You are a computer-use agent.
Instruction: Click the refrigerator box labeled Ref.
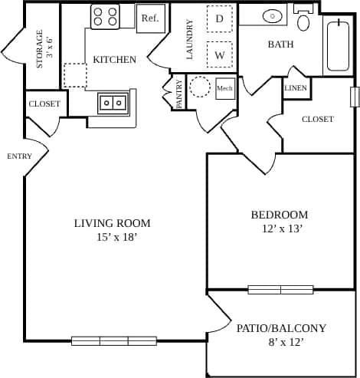(x=149, y=18)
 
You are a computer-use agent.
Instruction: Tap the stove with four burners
(x=105, y=17)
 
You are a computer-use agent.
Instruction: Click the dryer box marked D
(x=219, y=18)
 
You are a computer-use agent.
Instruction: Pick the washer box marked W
(x=219, y=55)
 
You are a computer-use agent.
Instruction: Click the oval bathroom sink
(x=272, y=15)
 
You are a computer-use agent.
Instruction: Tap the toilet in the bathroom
(x=303, y=18)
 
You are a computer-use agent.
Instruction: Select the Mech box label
(x=224, y=88)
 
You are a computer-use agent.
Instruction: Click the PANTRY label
(x=178, y=94)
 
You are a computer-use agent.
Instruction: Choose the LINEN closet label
(x=296, y=88)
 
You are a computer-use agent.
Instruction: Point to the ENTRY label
(x=19, y=156)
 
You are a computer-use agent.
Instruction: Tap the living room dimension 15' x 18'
(x=112, y=238)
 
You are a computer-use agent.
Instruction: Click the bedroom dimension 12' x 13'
(x=280, y=229)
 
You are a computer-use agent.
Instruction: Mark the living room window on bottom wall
(x=114, y=340)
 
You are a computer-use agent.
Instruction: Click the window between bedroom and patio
(x=280, y=290)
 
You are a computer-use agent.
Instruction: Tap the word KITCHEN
(x=114, y=59)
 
